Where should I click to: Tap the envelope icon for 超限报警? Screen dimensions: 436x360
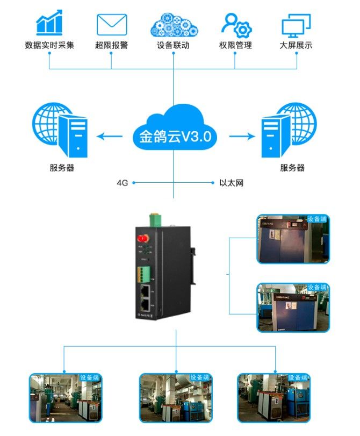tap(111, 24)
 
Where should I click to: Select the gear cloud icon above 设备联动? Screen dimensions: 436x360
tap(173, 24)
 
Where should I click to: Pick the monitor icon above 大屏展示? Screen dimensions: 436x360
tap(297, 25)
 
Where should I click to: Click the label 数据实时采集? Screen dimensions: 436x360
tap(49, 46)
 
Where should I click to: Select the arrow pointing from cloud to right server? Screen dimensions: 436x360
tap(242, 137)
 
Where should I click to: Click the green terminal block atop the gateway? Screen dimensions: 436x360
tap(155, 219)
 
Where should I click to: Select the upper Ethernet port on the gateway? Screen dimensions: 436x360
tap(146, 290)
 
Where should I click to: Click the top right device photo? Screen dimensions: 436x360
tap(293, 239)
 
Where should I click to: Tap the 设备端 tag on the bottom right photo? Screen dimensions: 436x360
tap(299, 377)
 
